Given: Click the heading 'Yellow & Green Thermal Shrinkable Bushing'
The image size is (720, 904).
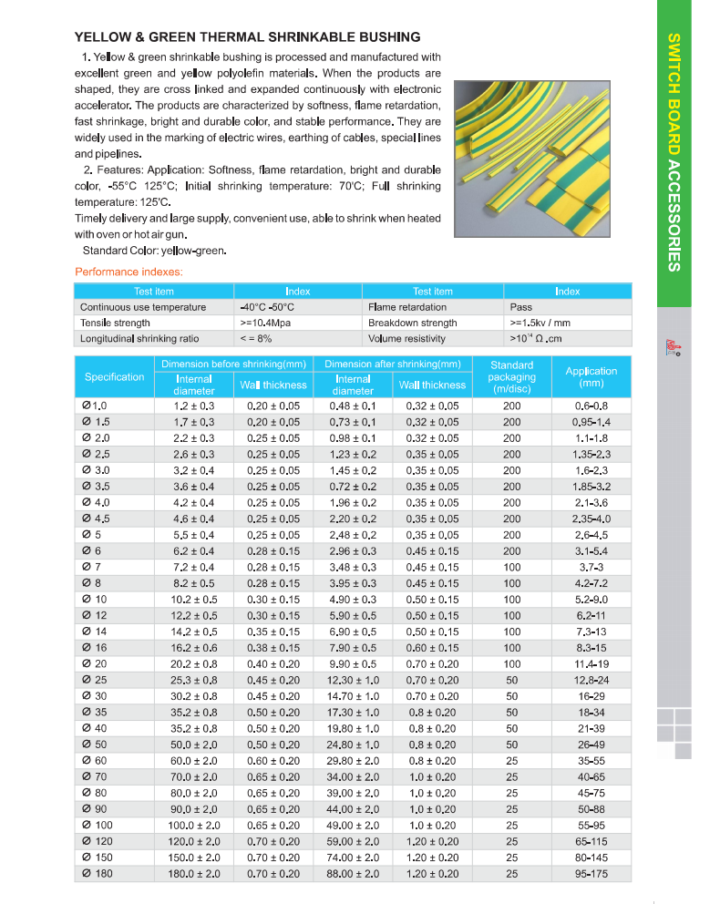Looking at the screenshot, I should pyautogui.click(x=247, y=37).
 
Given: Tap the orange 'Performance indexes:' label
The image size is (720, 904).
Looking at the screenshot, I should pyautogui.click(x=129, y=272).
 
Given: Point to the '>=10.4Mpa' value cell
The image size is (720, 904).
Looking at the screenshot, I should pyautogui.click(x=266, y=323).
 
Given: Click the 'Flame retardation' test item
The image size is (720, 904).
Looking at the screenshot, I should pyautogui.click(x=407, y=307).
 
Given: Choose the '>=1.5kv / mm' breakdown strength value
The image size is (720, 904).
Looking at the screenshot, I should pyautogui.click(x=540, y=323).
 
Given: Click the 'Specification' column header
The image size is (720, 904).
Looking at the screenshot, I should pyautogui.click(x=114, y=377).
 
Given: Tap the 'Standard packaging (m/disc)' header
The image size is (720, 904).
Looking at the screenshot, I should pyautogui.click(x=511, y=376).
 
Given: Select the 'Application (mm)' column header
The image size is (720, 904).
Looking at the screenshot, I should pyautogui.click(x=591, y=377).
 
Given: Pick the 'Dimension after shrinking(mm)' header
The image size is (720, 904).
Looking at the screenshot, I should pyautogui.click(x=392, y=365).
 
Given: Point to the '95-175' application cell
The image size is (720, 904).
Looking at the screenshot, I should pyautogui.click(x=591, y=874).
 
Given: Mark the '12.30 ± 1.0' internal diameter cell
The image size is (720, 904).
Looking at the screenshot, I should pyautogui.click(x=354, y=680).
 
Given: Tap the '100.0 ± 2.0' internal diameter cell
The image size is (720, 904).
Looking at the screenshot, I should pyautogui.click(x=194, y=826).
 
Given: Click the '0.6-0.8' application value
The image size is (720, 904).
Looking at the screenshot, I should pyautogui.click(x=591, y=406).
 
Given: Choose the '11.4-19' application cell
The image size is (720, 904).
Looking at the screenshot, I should pyautogui.click(x=591, y=664).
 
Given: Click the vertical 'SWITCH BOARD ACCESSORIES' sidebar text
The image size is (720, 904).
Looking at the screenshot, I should pyautogui.click(x=673, y=153).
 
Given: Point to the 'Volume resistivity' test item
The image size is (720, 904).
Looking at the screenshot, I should pyautogui.click(x=407, y=338).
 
